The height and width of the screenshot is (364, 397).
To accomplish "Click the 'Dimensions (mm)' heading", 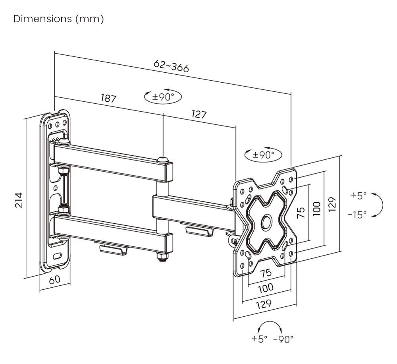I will (59, 19).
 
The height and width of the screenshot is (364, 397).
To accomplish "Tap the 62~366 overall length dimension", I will (171, 66).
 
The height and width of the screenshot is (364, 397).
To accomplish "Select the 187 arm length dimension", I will (108, 98).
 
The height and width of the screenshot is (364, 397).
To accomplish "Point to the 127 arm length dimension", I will (199, 114).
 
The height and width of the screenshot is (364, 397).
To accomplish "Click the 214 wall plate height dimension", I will (19, 200).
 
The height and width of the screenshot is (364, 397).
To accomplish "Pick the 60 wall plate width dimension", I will (55, 279).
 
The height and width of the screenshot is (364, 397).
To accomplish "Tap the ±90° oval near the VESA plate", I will (264, 155).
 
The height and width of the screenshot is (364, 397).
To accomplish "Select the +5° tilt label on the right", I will (358, 196).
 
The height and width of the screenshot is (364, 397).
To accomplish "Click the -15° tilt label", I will (357, 215).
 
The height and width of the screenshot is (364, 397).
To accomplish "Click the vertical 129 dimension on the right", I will (333, 204).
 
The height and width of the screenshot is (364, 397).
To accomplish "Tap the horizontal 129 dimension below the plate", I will (264, 304).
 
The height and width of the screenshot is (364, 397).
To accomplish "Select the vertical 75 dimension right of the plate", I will (301, 213).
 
